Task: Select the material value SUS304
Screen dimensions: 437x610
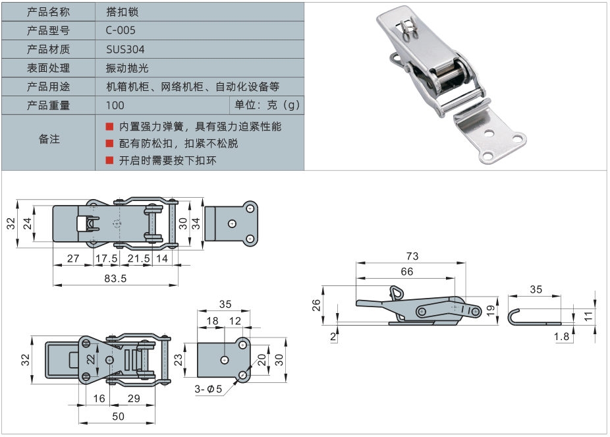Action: click(x=125, y=49)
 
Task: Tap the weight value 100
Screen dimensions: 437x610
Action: click(x=115, y=105)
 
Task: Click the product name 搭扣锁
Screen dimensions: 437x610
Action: click(x=122, y=12)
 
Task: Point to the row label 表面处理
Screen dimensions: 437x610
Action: click(x=48, y=68)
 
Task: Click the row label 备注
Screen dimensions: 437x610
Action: click(x=48, y=139)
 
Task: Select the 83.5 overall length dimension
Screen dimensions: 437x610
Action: click(x=115, y=279)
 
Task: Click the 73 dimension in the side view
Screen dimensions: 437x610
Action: click(x=412, y=256)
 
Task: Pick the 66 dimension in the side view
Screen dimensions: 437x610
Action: click(x=406, y=272)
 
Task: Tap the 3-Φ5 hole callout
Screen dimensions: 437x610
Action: click(x=208, y=389)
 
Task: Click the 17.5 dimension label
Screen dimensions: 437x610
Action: click(x=107, y=259)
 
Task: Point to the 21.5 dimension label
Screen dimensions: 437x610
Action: click(x=138, y=259)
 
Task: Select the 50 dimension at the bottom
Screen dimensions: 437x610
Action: click(x=118, y=415)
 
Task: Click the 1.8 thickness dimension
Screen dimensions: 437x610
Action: click(x=561, y=336)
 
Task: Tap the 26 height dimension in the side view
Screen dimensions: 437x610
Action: click(x=316, y=305)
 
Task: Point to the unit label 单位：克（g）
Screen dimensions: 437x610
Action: click(x=267, y=105)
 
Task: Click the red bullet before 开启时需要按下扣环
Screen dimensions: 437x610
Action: click(x=109, y=160)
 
